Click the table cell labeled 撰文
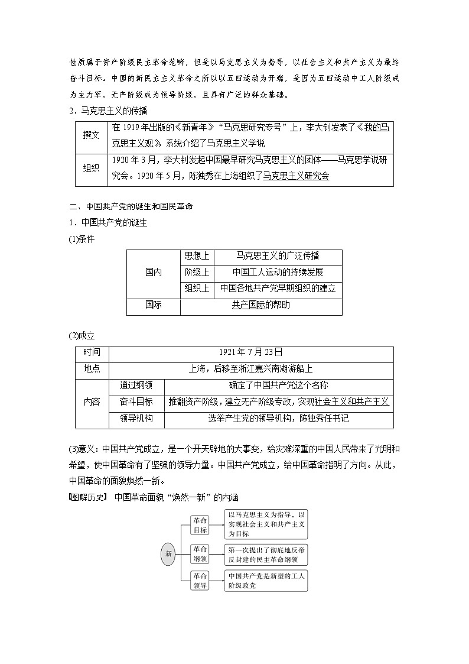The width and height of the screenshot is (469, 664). click(x=92, y=136)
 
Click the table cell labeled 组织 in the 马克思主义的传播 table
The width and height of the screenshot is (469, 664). click(x=92, y=169)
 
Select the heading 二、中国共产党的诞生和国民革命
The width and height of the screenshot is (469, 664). click(x=131, y=207)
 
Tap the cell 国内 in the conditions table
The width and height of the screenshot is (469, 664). click(x=153, y=273)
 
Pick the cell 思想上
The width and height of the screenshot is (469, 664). click(x=197, y=256)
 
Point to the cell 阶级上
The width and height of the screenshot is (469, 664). click(x=197, y=273)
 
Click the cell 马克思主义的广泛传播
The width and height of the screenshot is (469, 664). click(x=278, y=256)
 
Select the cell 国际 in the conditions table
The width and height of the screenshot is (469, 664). click(x=153, y=306)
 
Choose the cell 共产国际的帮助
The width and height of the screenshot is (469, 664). click(x=260, y=306)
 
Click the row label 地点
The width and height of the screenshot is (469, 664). click(x=92, y=369)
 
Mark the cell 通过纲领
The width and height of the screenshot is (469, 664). click(x=136, y=386)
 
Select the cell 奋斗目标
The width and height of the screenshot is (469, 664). click(x=136, y=402)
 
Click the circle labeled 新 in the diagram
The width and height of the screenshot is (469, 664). click(x=169, y=554)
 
